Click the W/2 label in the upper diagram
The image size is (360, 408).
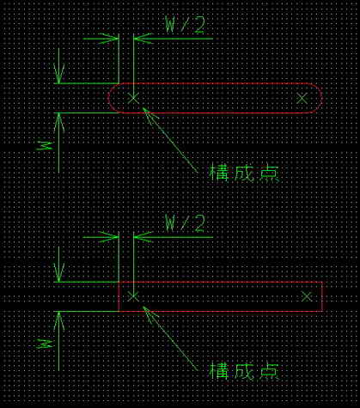185,24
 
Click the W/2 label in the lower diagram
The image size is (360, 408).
185,223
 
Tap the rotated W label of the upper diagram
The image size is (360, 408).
45,145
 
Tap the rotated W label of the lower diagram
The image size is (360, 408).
45,344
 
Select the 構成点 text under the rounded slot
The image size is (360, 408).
244,173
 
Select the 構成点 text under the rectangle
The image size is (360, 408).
244,371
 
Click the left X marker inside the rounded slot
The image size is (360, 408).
133,98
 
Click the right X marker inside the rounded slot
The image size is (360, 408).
302,98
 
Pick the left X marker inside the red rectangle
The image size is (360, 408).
133,296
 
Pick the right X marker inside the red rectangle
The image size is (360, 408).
307,297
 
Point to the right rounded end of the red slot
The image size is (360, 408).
321,98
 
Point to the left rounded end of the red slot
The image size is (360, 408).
108,98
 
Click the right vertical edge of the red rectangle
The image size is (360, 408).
322,296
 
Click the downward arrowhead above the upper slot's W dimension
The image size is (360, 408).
58,75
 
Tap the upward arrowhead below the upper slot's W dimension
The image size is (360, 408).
58,122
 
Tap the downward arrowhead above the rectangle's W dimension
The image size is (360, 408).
58,273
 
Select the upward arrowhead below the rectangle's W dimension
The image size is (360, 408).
58,320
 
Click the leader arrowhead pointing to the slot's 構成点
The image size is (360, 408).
149,113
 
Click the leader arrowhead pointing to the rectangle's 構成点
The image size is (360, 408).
149,312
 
